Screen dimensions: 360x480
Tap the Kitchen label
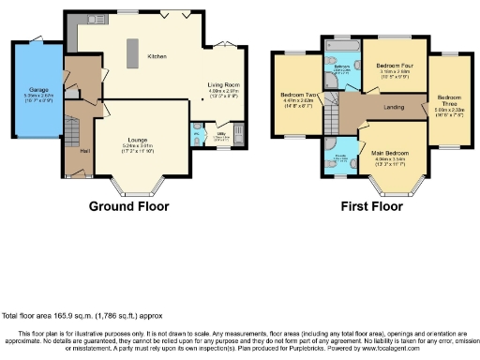pos(157,56)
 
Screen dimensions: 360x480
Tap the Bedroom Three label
pos(449,98)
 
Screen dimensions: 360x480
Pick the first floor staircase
pos(331,117)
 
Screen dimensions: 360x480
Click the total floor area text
pos(78,316)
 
